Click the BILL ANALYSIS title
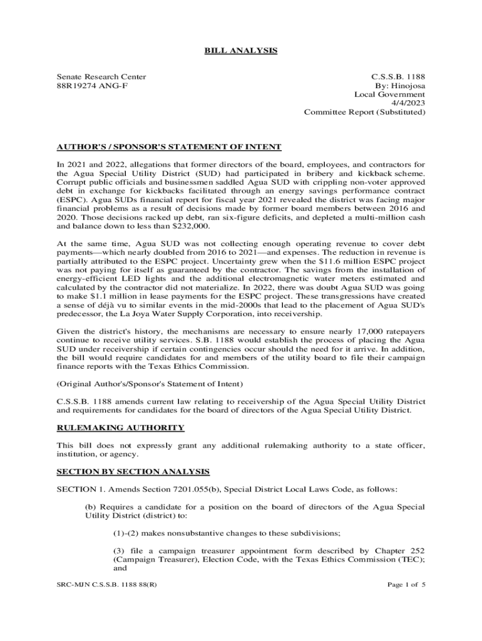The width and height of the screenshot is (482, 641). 241,50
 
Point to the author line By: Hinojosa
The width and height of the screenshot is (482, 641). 400,86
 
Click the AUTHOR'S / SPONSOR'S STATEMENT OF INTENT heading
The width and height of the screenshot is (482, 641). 169,147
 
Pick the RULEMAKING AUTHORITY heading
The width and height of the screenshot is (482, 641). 120,428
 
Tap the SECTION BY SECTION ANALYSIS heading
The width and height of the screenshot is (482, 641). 133,471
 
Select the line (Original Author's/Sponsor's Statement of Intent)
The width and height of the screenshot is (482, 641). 150,383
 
